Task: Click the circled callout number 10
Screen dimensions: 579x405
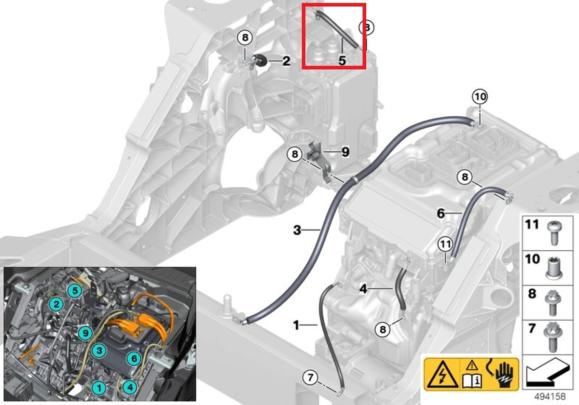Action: click(480, 96)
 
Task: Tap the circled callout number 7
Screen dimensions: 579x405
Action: click(310, 378)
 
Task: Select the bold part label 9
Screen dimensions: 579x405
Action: click(345, 152)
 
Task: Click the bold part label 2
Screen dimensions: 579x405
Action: click(286, 61)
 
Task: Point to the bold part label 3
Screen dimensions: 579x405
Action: click(297, 230)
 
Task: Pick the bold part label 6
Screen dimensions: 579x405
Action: click(441, 213)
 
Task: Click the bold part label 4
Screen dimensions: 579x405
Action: click(363, 289)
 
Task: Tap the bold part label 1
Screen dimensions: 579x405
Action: click(296, 325)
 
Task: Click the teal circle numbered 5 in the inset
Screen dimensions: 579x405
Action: click(75, 290)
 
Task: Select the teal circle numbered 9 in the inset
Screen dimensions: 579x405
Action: click(85, 333)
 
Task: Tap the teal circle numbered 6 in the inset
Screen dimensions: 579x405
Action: click(134, 358)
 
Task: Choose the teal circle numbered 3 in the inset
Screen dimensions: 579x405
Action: click(99, 351)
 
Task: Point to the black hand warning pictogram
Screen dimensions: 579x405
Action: click(502, 375)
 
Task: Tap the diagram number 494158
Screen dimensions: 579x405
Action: click(550, 396)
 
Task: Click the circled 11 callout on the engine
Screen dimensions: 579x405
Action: click(445, 244)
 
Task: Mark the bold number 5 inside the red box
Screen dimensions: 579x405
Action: click(342, 60)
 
